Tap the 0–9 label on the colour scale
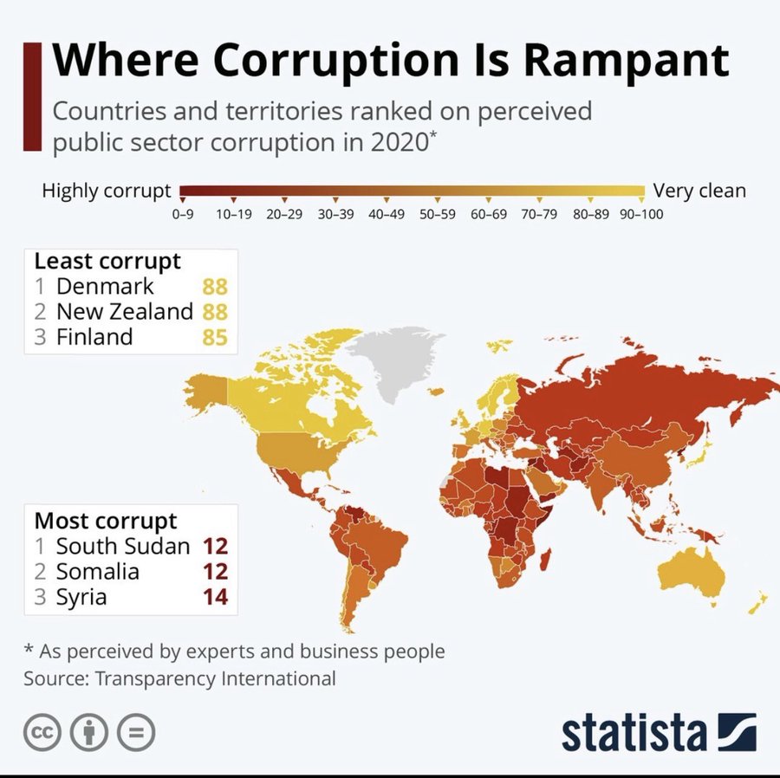[182, 213]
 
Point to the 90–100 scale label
[641, 213]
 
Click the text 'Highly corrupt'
[106, 191]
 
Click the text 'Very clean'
[699, 191]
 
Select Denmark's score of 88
[214, 287]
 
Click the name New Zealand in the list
[124, 312]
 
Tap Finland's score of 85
[214, 337]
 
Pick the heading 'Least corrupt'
[107, 261]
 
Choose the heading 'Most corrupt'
[106, 522]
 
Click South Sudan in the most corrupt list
[122, 547]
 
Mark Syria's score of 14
[214, 597]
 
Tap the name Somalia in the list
[97, 572]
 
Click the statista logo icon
[737, 733]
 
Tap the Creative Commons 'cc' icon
[42, 733]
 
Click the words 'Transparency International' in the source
[215, 678]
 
